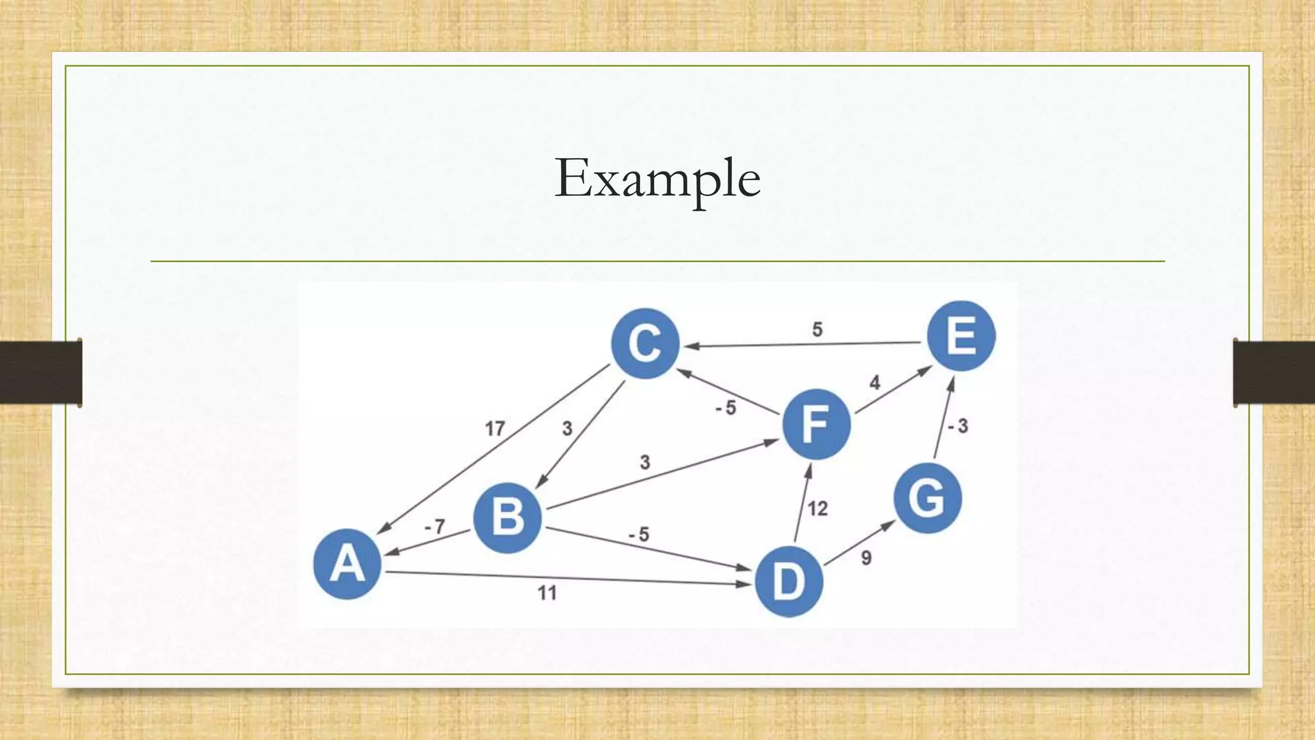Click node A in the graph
[x=347, y=564]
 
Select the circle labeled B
[x=507, y=518]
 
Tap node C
[x=645, y=343]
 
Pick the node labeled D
[x=788, y=582]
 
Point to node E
[x=961, y=336]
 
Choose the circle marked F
[x=816, y=425]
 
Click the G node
[x=927, y=498]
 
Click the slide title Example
[x=657, y=178]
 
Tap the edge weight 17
[x=494, y=428]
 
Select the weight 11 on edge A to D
[x=547, y=592]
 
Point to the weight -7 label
[x=435, y=527]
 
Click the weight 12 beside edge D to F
[x=817, y=509]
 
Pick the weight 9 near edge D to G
[x=866, y=558]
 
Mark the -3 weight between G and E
[x=957, y=426]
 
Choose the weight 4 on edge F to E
[x=875, y=383]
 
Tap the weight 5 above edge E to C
[x=817, y=330]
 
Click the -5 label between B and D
[x=639, y=534]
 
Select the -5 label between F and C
[x=726, y=408]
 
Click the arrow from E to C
[x=803, y=344]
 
